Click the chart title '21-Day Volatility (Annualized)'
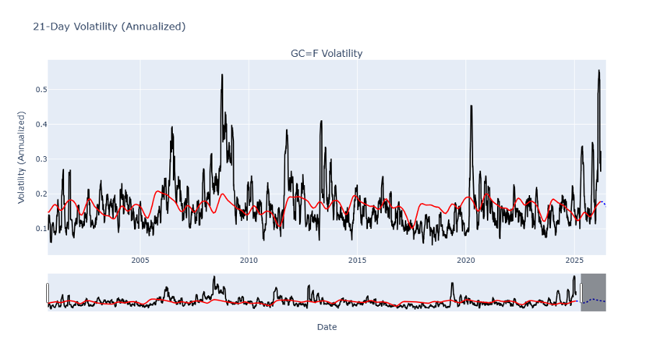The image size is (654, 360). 109,27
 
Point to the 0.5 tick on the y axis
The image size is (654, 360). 37,90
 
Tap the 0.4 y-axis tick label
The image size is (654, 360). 37,125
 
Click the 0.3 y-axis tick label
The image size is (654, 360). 37,159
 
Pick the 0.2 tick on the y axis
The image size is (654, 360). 37,194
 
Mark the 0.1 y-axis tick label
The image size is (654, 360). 37,229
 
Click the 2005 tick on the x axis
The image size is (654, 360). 140,261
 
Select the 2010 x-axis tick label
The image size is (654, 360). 248,261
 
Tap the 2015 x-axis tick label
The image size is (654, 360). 357,261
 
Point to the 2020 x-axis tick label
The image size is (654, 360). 466,261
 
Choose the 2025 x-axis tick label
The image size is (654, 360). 574,261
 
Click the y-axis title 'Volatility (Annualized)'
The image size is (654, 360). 22,157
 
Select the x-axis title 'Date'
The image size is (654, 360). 326,327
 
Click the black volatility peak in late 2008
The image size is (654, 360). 222,75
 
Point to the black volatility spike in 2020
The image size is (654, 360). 471,106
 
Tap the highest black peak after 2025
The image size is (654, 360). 599,71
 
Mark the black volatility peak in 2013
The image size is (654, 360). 321,121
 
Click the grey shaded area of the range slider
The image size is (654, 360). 593,292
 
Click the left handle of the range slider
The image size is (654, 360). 48,292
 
